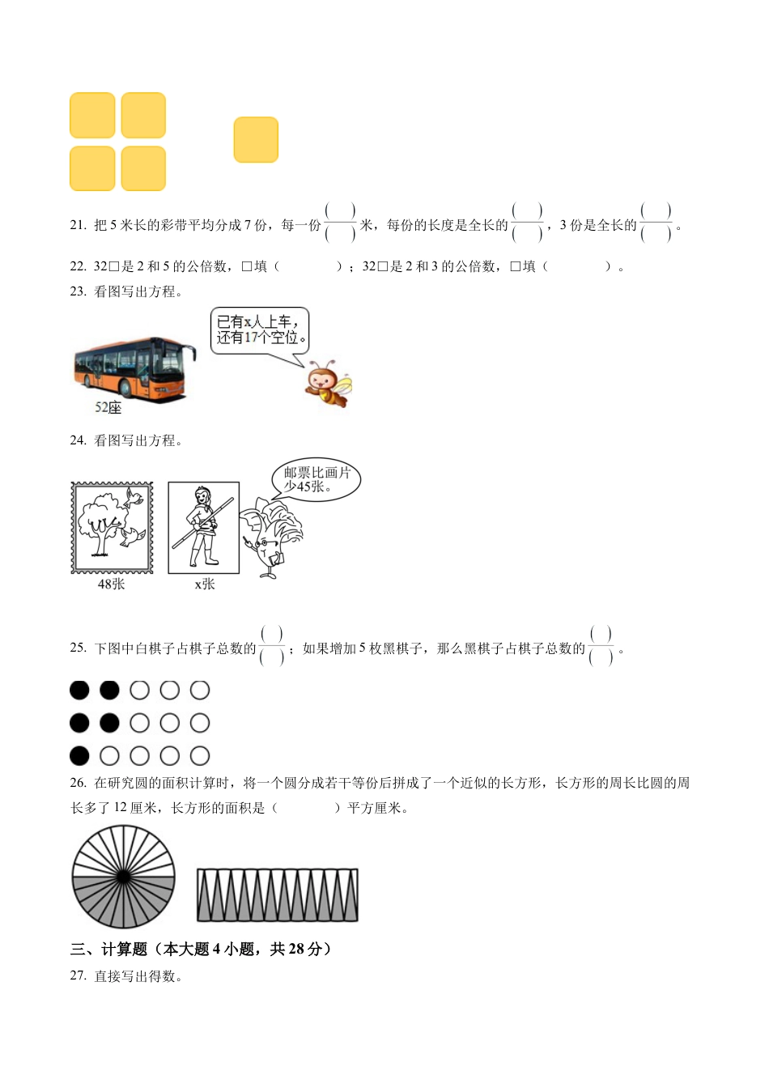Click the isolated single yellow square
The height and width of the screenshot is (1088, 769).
(256, 139)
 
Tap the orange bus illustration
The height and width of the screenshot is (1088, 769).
(135, 368)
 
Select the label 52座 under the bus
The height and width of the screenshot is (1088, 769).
(108, 407)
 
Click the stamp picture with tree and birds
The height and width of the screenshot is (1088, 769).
(113, 528)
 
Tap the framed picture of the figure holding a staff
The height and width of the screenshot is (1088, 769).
(203, 528)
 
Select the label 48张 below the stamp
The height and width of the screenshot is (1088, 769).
(111, 584)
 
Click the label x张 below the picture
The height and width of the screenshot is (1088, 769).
(205, 584)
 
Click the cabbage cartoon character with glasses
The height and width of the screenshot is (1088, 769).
(270, 538)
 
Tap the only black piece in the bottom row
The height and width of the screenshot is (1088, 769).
(79, 756)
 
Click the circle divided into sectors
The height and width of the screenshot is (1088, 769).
(123, 877)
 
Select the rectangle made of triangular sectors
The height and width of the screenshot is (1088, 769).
(278, 895)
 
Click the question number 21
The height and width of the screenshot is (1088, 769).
(79, 225)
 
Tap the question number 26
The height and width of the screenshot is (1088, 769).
(79, 783)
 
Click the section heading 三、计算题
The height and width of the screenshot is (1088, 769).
(108, 949)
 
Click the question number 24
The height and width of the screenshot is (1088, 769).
(79, 440)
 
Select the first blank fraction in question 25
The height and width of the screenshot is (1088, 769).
(271, 646)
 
